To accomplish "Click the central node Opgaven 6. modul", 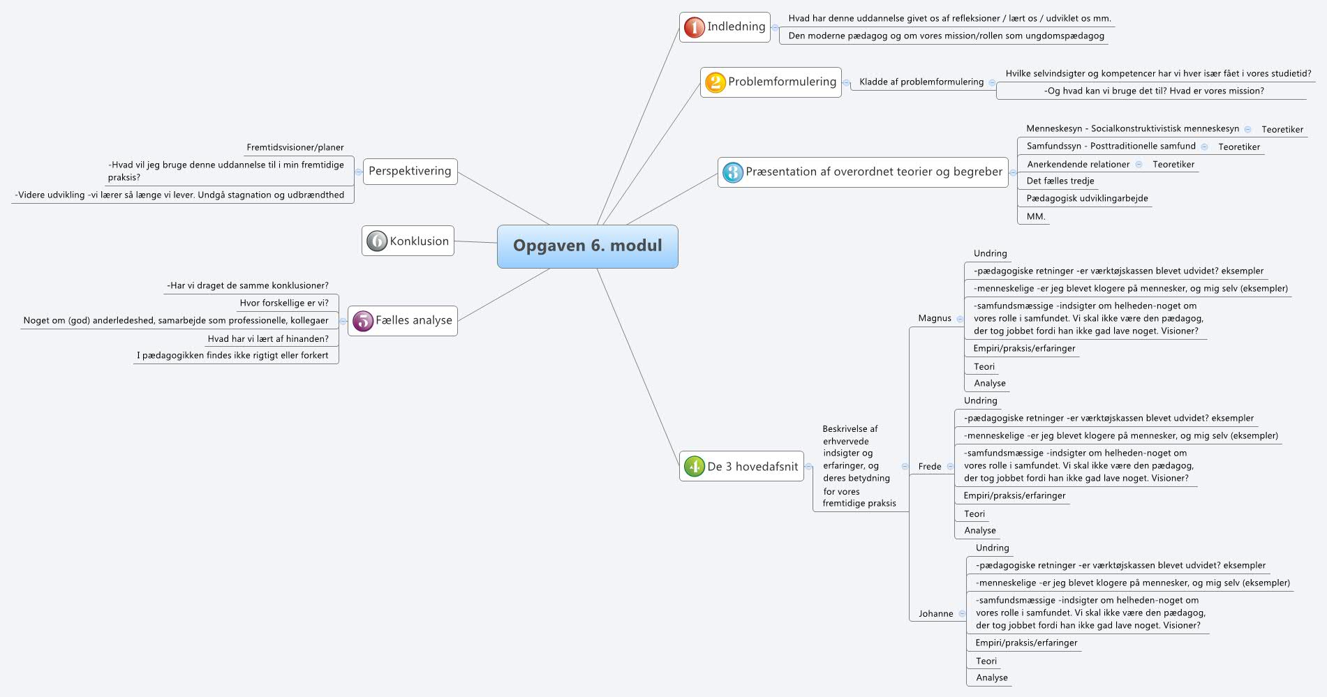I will pyautogui.click(x=587, y=246).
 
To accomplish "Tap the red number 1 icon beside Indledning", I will pyautogui.click(x=694, y=27).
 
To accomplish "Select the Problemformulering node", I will pyautogui.click(x=771, y=82).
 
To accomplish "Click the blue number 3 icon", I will pyautogui.click(x=732, y=172).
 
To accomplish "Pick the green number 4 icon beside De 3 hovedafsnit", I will pyautogui.click(x=694, y=467).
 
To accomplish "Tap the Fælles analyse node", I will pyautogui.click(x=403, y=321).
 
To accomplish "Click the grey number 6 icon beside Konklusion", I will pyautogui.click(x=377, y=241).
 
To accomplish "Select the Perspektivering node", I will pyautogui.click(x=410, y=172).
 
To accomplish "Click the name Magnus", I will pyautogui.click(x=934, y=318).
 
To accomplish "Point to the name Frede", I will pyautogui.click(x=929, y=467).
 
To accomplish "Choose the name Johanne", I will pyautogui.click(x=935, y=614).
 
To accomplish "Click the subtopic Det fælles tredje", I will pyautogui.click(x=1060, y=181).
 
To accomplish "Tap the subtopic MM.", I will pyautogui.click(x=1035, y=217).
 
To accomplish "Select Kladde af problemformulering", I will pyautogui.click(x=921, y=82).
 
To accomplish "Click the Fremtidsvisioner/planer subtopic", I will pyautogui.click(x=295, y=148).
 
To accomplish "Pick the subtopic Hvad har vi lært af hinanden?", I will pyautogui.click(x=267, y=339).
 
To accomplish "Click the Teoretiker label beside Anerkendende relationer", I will pyautogui.click(x=1173, y=165).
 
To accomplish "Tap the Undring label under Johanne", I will pyautogui.click(x=992, y=548).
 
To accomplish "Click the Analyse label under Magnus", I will pyautogui.click(x=989, y=384).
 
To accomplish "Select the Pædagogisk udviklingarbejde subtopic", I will pyautogui.click(x=1086, y=199).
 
